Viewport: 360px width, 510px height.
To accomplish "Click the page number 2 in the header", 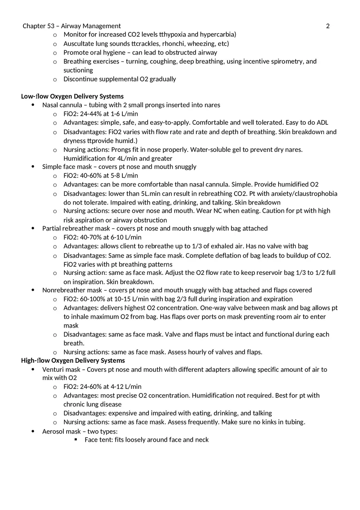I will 328,26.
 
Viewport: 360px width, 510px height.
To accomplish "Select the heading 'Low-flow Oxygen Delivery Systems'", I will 72,97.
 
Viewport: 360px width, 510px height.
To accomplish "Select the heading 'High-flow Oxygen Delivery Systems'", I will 73,361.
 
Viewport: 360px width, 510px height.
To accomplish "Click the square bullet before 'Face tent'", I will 76,440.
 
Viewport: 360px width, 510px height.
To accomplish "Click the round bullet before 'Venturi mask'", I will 33,370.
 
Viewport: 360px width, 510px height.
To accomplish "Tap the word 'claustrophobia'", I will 316,194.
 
